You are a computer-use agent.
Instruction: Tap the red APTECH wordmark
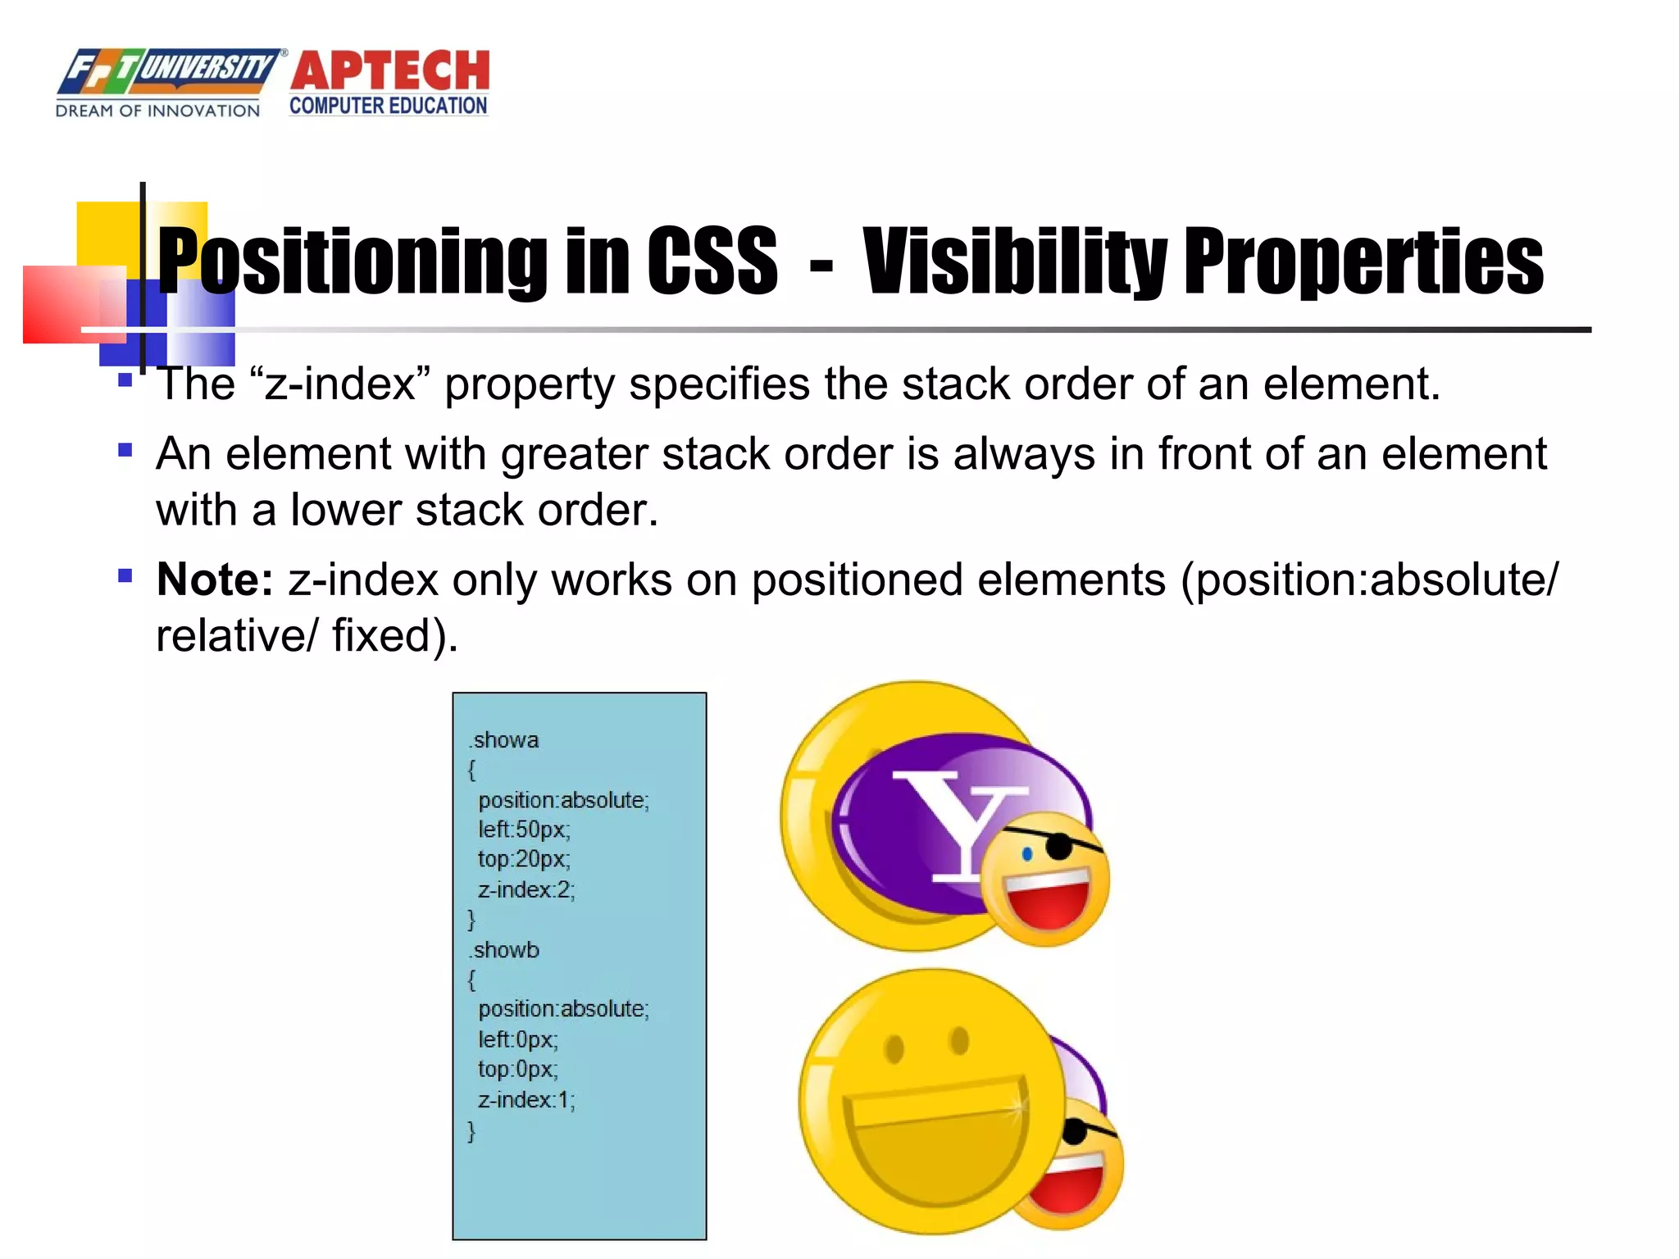pyautogui.click(x=389, y=70)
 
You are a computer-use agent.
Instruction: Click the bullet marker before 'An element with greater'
pyautogui.click(x=125, y=450)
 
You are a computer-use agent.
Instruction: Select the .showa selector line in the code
pyautogui.click(x=503, y=739)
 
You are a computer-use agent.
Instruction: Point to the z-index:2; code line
pyautogui.click(x=526, y=889)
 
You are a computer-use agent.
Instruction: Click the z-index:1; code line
pyautogui.click(x=526, y=1099)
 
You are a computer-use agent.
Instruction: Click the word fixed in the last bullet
pyautogui.click(x=381, y=635)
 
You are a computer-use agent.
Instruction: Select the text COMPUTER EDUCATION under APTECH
pyautogui.click(x=389, y=106)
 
